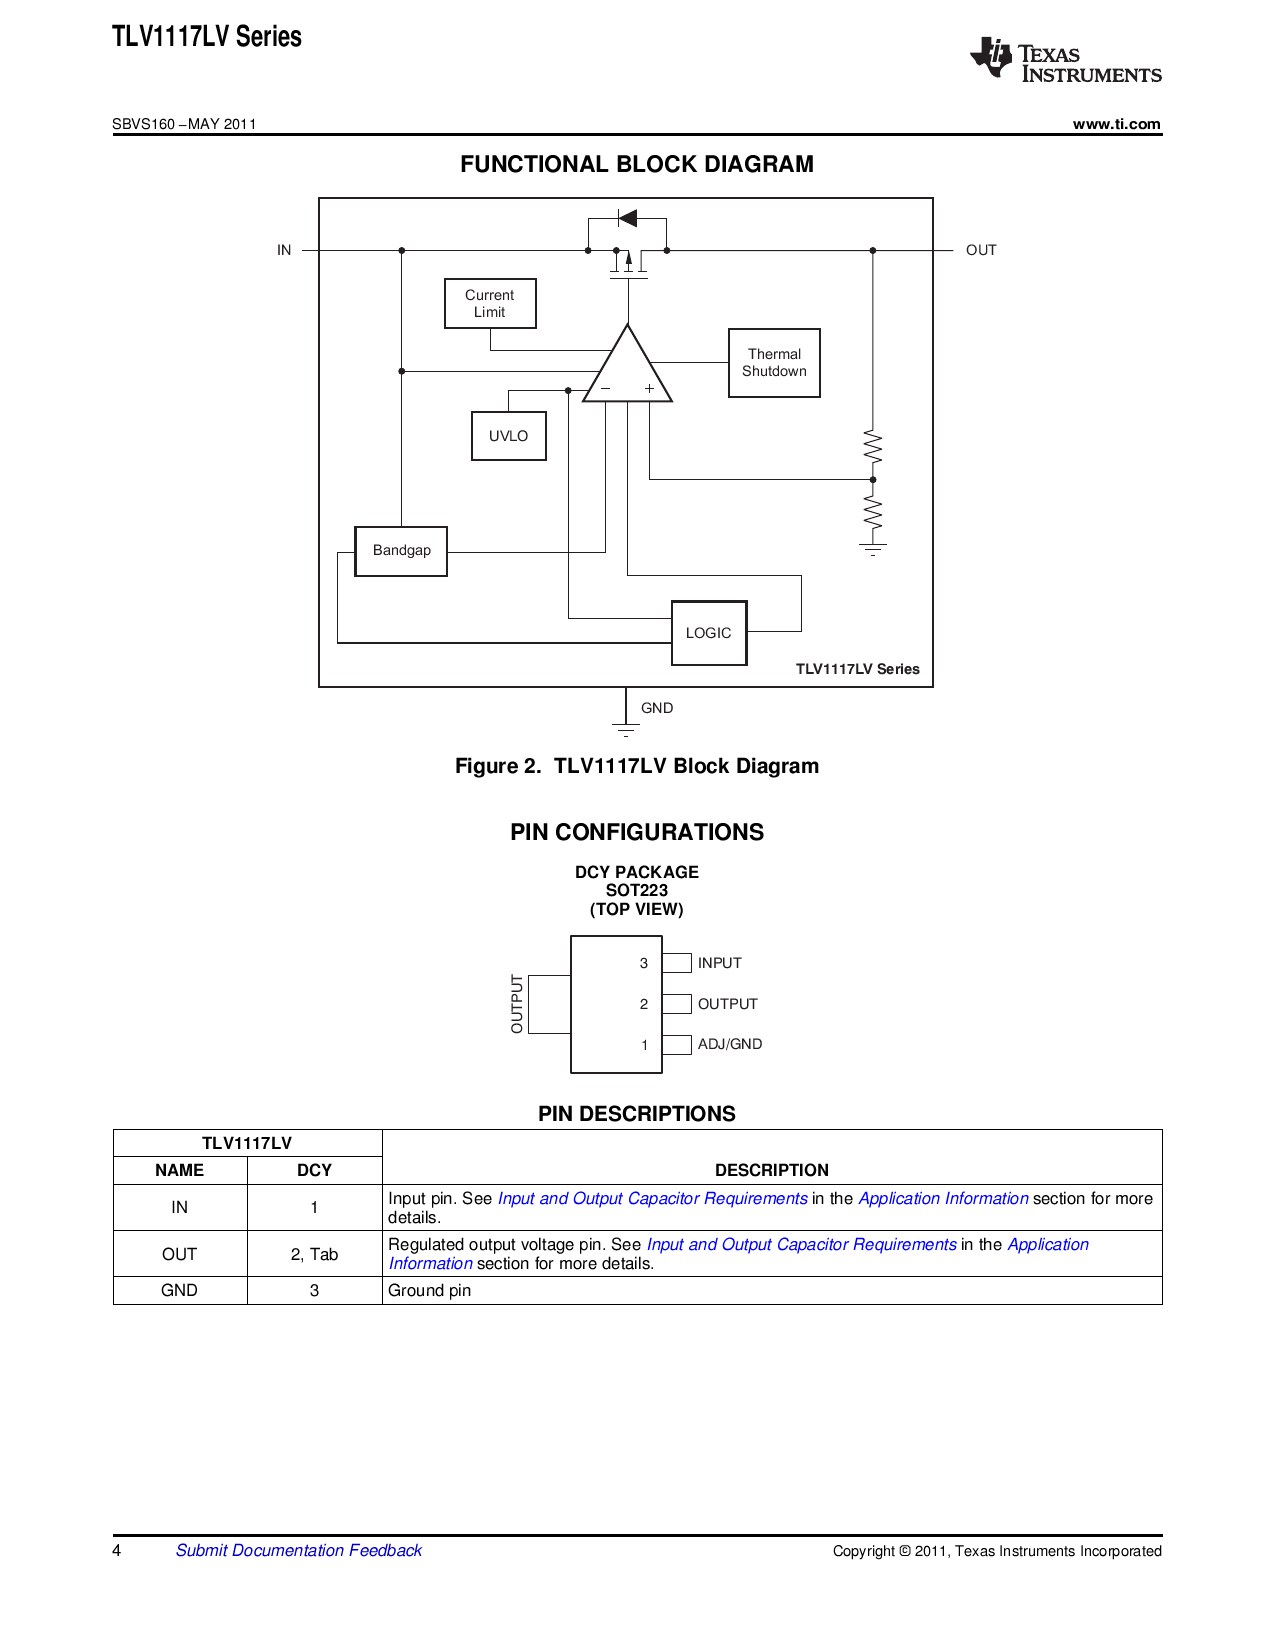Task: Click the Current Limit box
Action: coord(490,303)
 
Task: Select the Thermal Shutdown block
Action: coord(774,362)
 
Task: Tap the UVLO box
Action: coord(508,435)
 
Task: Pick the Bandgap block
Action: coord(401,551)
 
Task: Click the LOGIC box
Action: coord(709,633)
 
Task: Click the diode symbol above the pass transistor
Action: coord(627,219)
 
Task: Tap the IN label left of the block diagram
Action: coord(284,250)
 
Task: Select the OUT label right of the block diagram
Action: coord(980,250)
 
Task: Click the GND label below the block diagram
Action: coord(657,708)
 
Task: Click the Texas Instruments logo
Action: coord(1065,59)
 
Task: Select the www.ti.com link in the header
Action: coord(1116,124)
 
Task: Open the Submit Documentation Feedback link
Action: coord(298,1550)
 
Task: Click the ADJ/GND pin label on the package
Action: coord(730,1044)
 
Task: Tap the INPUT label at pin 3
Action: coord(719,963)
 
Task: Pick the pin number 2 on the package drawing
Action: coord(644,1004)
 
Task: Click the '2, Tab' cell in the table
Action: coord(314,1254)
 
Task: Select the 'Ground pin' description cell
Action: coord(772,1290)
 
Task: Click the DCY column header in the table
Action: coord(314,1170)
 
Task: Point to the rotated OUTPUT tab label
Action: coord(517,1004)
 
